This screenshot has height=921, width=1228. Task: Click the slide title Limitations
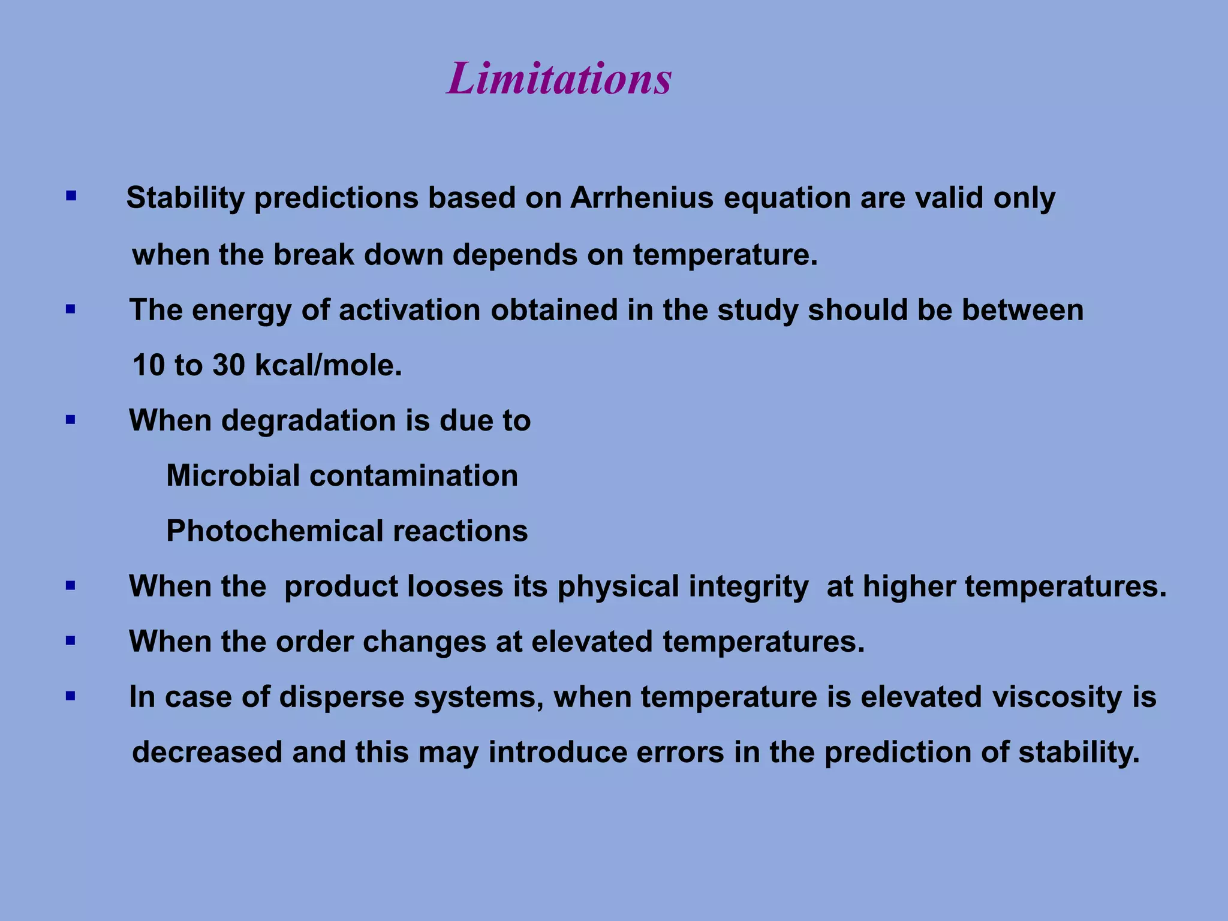pos(559,79)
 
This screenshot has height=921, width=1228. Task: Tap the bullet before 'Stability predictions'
pos(71,195)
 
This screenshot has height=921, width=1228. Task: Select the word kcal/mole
pos(329,365)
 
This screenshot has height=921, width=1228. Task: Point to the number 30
pos(228,365)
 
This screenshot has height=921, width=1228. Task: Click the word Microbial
pos(233,475)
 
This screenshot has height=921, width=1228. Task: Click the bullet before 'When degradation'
pos(71,420)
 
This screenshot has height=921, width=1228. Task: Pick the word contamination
pos(414,475)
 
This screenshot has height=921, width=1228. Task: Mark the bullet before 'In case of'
pos(71,696)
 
